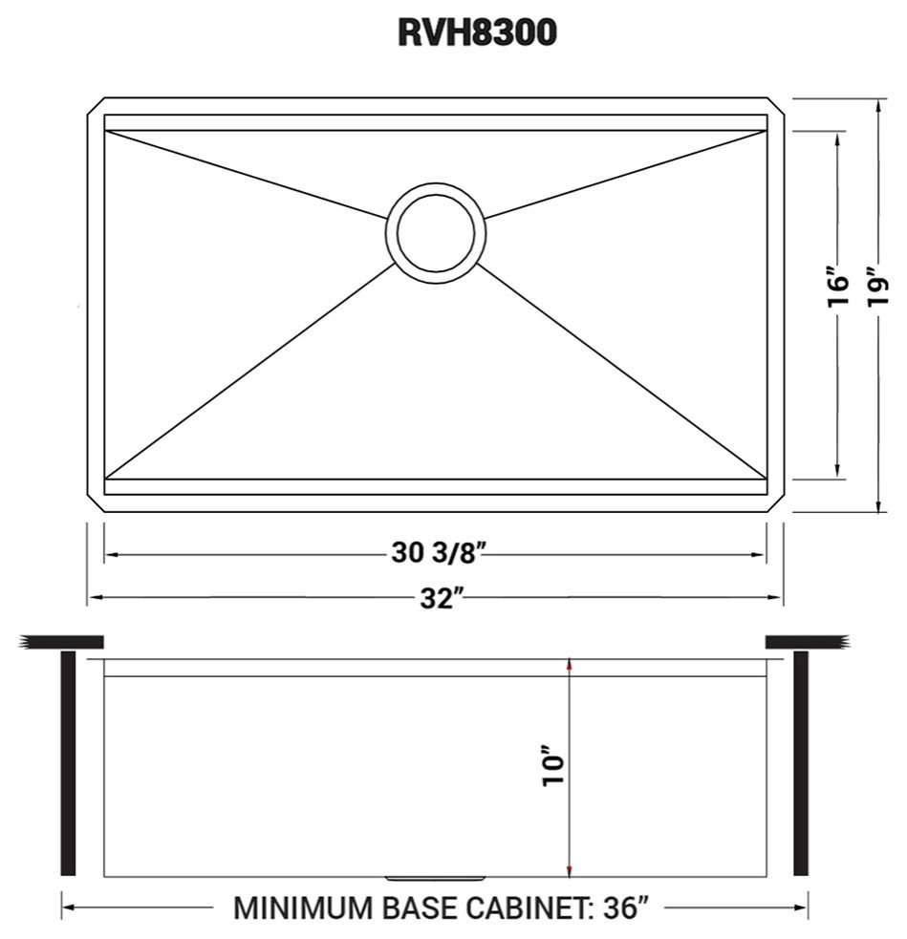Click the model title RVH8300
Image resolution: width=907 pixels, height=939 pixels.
coord(477,33)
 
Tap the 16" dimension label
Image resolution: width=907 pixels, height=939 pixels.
coord(838,287)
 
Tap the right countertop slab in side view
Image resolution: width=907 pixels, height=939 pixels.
coord(806,641)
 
